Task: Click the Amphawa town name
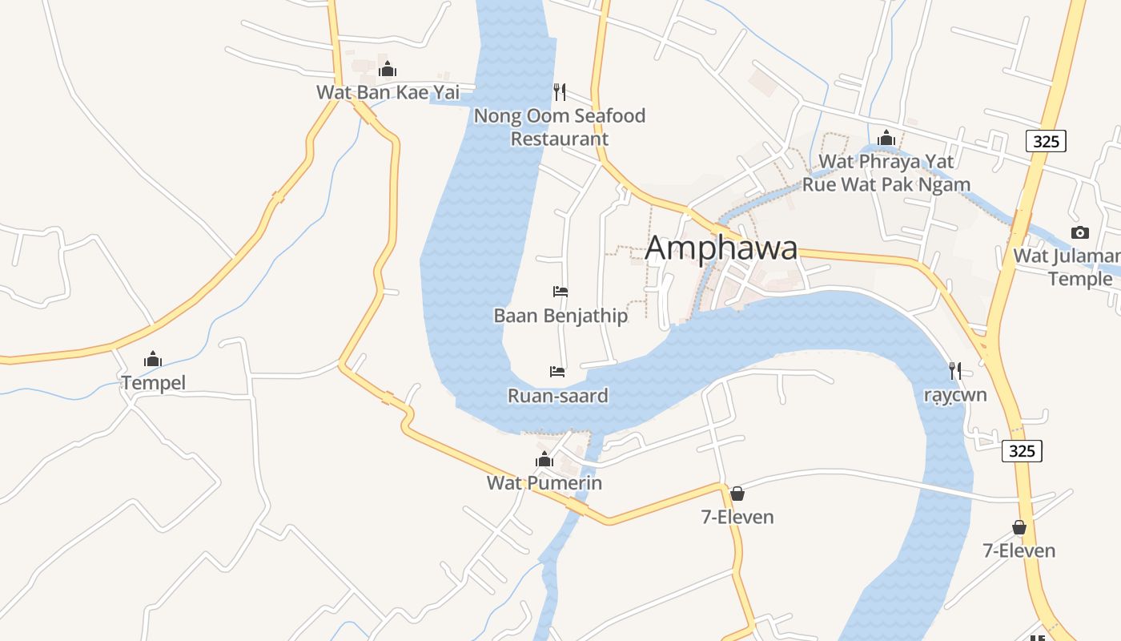(x=721, y=248)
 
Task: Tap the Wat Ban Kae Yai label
(x=388, y=92)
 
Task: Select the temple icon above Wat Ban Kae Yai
(x=388, y=70)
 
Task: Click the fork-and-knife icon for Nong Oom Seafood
(x=560, y=91)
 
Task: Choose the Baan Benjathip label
(x=560, y=316)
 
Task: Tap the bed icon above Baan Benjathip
(x=560, y=292)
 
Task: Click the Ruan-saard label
(x=558, y=396)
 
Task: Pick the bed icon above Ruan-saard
(x=557, y=372)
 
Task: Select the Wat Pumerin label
(x=544, y=483)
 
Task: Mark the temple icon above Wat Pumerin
(x=544, y=460)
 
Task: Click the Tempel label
(x=153, y=383)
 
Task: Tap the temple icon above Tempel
(x=153, y=360)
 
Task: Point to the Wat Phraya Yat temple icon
(x=886, y=139)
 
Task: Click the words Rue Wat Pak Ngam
(x=886, y=185)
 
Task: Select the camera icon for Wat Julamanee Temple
(x=1079, y=233)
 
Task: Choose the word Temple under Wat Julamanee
(x=1080, y=279)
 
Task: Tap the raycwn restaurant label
(x=954, y=396)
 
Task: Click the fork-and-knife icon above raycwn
(x=954, y=371)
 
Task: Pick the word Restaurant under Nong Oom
(x=560, y=139)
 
